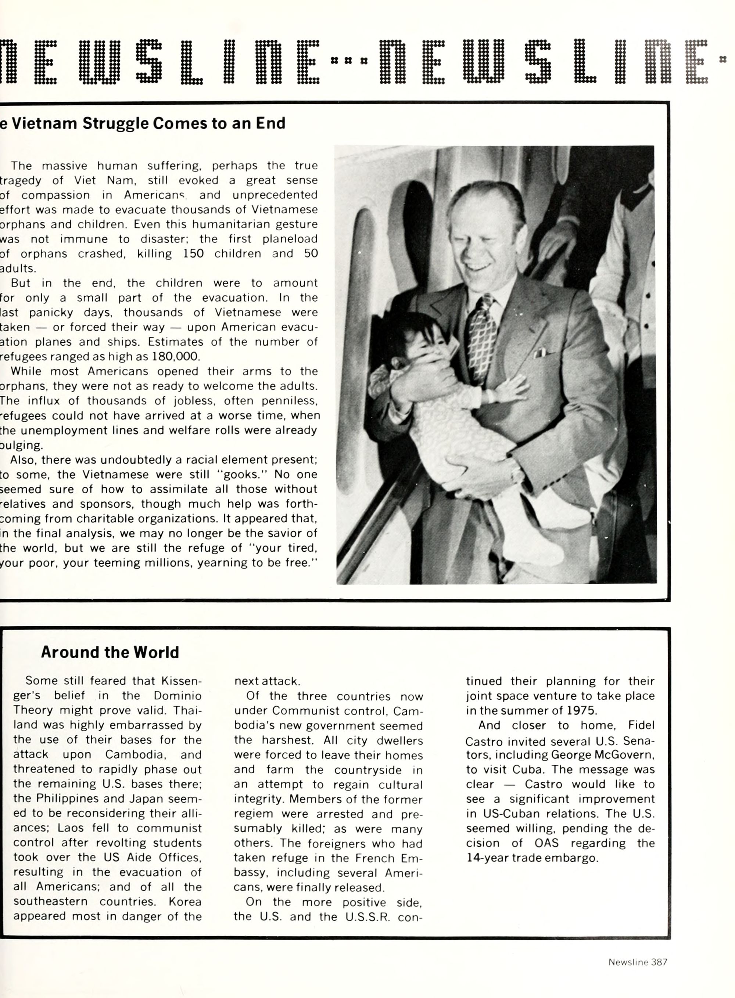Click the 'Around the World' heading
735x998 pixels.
pyautogui.click(x=110, y=652)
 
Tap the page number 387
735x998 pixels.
pyautogui.click(x=659, y=962)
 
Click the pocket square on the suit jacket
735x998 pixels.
pyautogui.click(x=540, y=353)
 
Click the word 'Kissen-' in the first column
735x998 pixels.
pyautogui.click(x=181, y=681)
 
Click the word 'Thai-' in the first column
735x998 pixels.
pyautogui.click(x=187, y=710)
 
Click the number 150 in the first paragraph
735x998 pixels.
pyautogui.click(x=193, y=253)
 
